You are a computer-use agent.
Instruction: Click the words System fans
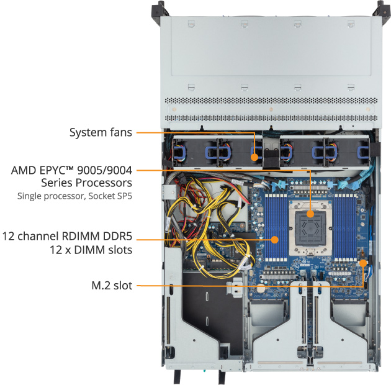pyautogui.click(x=101, y=132)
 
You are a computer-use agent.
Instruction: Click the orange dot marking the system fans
pyautogui.click(x=254, y=157)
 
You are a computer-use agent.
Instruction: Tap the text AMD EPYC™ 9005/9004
pyautogui.click(x=72, y=170)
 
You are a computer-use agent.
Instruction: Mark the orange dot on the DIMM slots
pyautogui.click(x=275, y=238)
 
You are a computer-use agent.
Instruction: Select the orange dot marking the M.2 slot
pyautogui.click(x=363, y=263)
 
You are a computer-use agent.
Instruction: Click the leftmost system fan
pyautogui.click(x=184, y=153)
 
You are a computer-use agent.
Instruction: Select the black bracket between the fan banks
pyautogui.click(x=271, y=152)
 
